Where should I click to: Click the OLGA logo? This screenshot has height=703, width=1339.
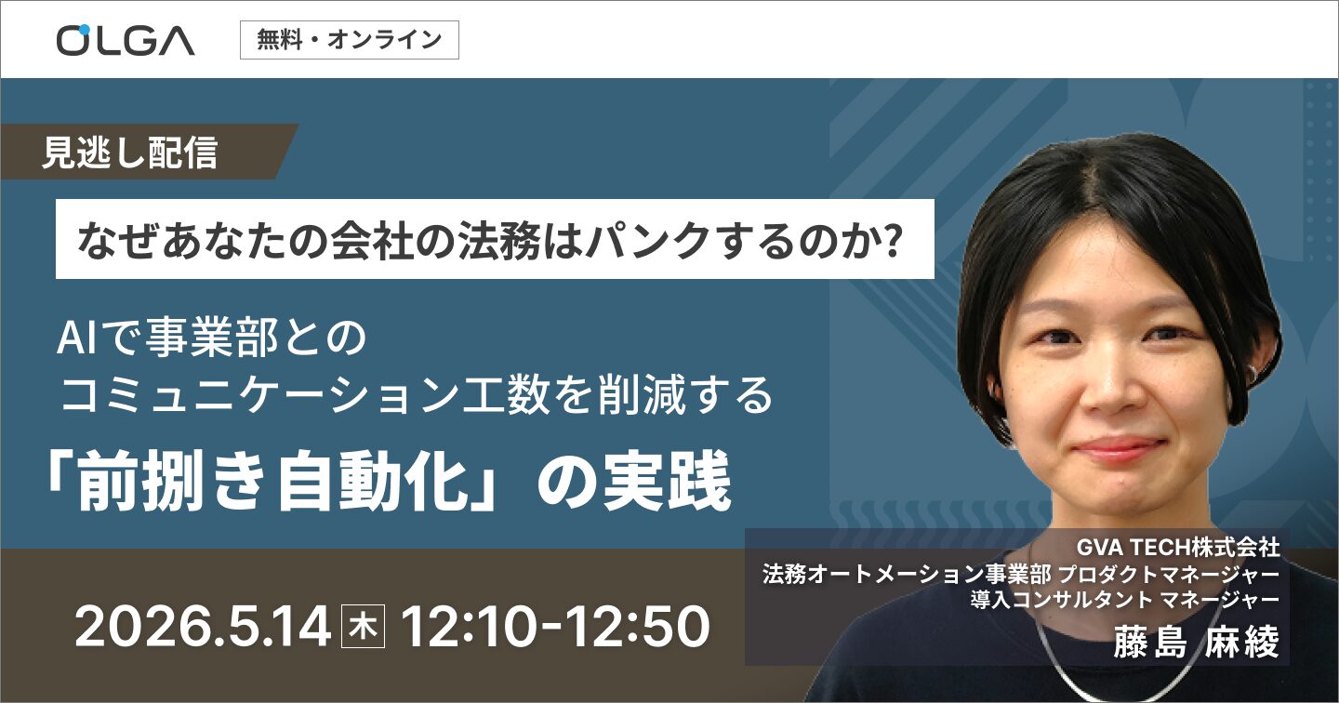tap(125, 39)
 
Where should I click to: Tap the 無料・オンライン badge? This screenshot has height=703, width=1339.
tap(349, 40)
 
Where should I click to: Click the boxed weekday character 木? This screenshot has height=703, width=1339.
tap(359, 628)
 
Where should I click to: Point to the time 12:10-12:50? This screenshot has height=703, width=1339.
tap(554, 628)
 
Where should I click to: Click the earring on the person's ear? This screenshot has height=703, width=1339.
tap(1252, 372)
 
